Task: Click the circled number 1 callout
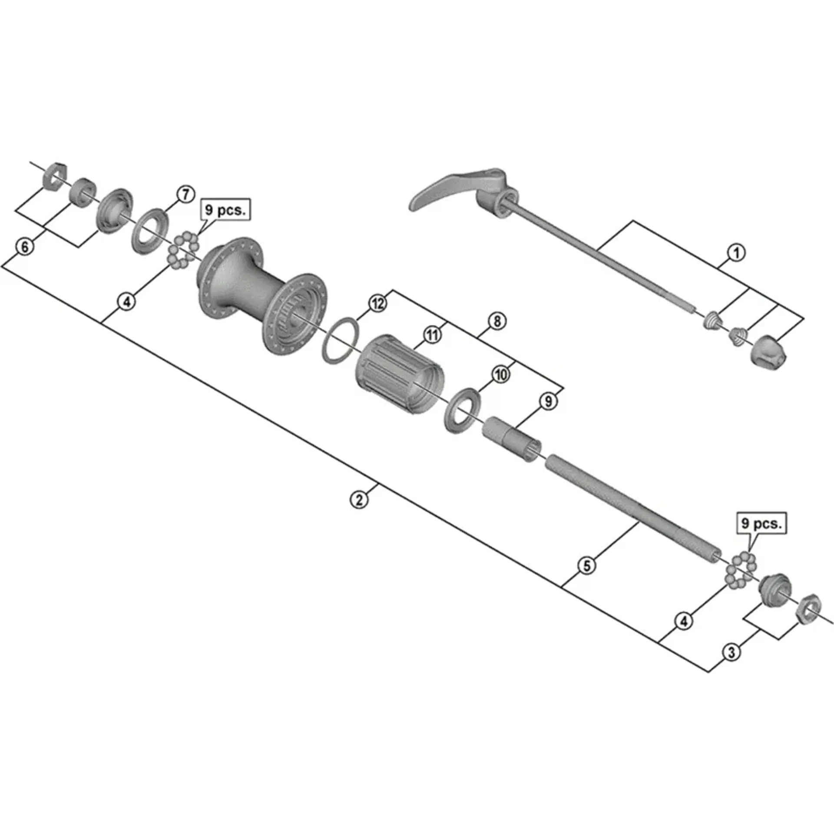click(736, 253)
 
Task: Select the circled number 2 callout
click(359, 500)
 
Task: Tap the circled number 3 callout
click(731, 652)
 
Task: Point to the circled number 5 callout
click(587, 566)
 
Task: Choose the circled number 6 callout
click(25, 247)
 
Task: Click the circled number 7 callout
click(185, 194)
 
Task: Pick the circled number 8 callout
click(497, 321)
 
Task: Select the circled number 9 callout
click(548, 401)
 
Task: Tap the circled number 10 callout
click(501, 374)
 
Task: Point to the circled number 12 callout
click(377, 303)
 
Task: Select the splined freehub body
click(401, 372)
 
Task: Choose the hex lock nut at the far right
click(808, 607)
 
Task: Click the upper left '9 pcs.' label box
click(225, 210)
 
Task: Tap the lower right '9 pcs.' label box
click(761, 523)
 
